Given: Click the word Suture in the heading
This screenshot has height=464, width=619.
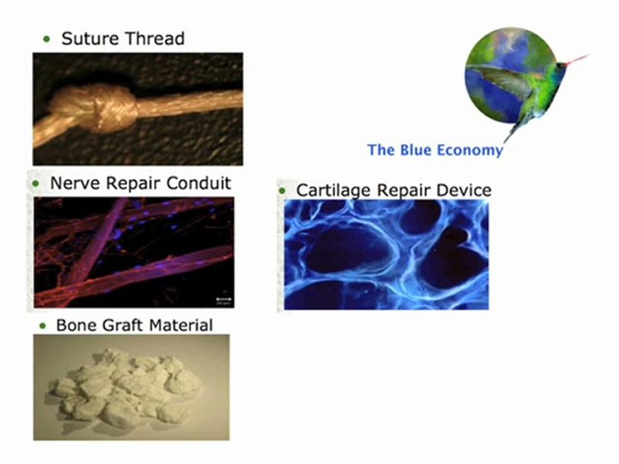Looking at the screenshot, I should [x=91, y=39].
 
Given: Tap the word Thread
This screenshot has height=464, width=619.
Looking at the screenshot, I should [x=154, y=39].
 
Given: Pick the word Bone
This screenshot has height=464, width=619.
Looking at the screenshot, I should [x=76, y=325].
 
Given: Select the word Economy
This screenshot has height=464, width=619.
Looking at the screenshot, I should [x=469, y=150].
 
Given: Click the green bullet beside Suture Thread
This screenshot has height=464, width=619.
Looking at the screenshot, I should [x=46, y=39].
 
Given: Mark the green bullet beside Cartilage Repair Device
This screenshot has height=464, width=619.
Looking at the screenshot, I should [x=282, y=191].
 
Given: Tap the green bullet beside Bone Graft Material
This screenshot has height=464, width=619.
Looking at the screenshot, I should [x=43, y=325].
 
